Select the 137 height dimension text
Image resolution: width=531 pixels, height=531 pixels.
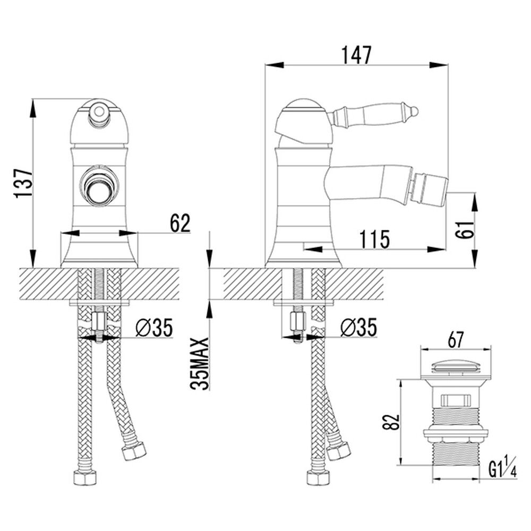[x=23, y=182]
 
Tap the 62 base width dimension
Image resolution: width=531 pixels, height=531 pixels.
[x=180, y=223]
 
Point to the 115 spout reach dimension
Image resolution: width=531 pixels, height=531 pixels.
[x=374, y=239]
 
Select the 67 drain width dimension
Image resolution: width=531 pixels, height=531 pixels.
[x=456, y=340]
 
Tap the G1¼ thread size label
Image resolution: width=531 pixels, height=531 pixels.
[x=502, y=470]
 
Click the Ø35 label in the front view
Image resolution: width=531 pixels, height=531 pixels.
[x=154, y=327]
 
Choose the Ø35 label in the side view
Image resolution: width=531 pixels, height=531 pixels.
[x=359, y=327]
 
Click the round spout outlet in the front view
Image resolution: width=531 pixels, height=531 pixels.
[x=99, y=185]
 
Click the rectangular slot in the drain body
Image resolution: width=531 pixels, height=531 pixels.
[x=456, y=400]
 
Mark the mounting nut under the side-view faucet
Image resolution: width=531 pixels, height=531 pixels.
[x=298, y=320]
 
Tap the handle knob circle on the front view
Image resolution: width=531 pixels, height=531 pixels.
[x=99, y=111]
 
